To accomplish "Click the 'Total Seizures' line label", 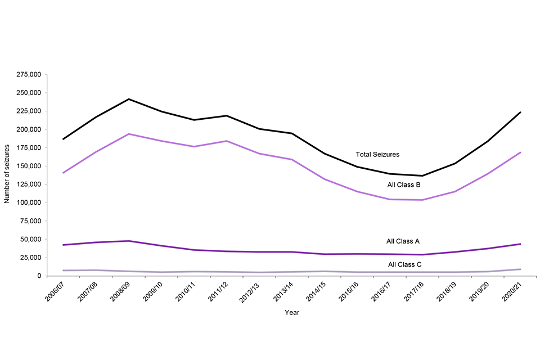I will pyautogui.click(x=377, y=154).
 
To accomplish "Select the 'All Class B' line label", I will pyautogui.click(x=404, y=184).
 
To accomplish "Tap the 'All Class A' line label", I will pyautogui.click(x=403, y=241).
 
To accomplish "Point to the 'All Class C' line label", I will pyautogui.click(x=404, y=264).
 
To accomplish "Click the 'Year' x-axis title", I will pyautogui.click(x=291, y=313).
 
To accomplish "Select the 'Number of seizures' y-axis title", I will pyautogui.click(x=7, y=175).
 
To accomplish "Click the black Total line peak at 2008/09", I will pyautogui.click(x=129, y=99).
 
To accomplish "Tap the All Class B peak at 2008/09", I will pyautogui.click(x=129, y=134).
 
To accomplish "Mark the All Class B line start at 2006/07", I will pyautogui.click(x=64, y=173).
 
